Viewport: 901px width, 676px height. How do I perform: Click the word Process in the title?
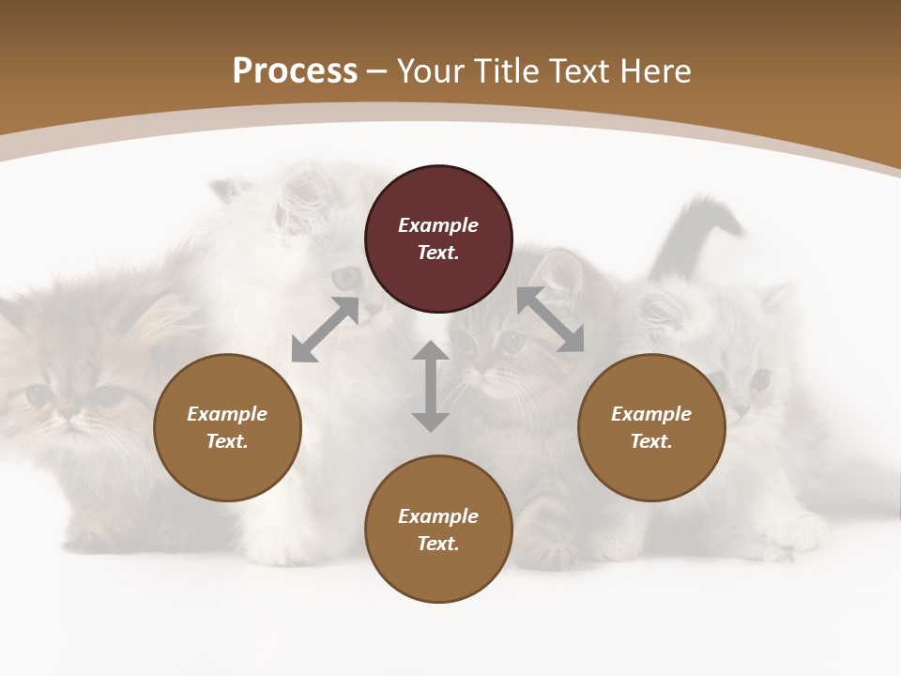pyautogui.click(x=295, y=71)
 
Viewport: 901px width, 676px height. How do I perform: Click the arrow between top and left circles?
pyautogui.click(x=325, y=330)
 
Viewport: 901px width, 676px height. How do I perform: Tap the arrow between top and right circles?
pyautogui.click(x=550, y=320)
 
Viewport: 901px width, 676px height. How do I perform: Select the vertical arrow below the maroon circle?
pyautogui.click(x=431, y=386)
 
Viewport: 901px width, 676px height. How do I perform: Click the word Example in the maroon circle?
pyautogui.click(x=438, y=225)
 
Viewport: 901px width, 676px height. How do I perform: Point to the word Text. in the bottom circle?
pyautogui.click(x=438, y=544)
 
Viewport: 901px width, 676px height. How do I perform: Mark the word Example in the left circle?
pyautogui.click(x=227, y=414)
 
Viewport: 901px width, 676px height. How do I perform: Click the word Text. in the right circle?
pyautogui.click(x=651, y=441)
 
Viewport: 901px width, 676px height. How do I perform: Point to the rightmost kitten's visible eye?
pyautogui.click(x=759, y=379)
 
